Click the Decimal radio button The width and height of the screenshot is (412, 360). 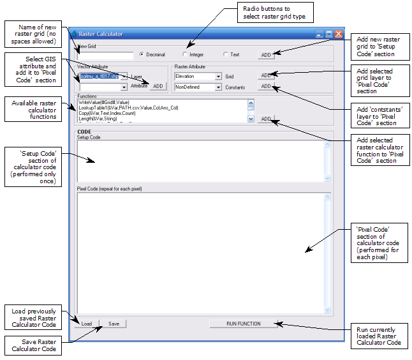[142, 54]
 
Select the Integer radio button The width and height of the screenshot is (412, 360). [185, 54]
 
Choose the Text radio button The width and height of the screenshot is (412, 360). [226, 54]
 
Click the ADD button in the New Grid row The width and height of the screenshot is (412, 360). [266, 55]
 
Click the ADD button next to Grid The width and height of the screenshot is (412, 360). [266, 76]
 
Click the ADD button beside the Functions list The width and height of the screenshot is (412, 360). [266, 119]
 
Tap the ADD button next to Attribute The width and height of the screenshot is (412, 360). [157, 86]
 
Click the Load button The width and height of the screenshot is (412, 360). [87, 324]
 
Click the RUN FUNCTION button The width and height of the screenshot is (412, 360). [244, 324]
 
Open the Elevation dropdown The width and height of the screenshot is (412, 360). [218, 76]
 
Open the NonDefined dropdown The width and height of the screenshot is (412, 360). [218, 87]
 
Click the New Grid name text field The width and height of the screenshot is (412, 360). [105, 55]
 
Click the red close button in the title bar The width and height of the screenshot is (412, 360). [339, 33]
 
